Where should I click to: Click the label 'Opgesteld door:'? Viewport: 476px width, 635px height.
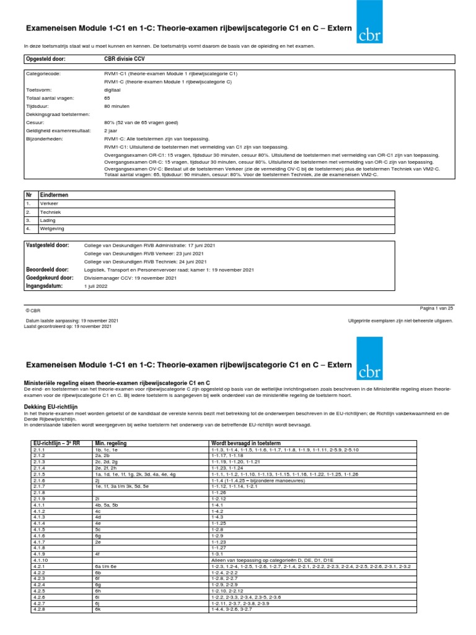pos(45,59)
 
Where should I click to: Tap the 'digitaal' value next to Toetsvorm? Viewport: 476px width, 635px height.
pos(113,89)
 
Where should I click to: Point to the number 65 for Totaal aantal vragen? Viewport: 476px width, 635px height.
pos(107,98)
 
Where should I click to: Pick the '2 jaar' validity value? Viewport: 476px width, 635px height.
pos(112,131)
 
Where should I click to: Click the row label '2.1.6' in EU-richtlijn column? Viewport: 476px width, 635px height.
pos(39,481)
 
